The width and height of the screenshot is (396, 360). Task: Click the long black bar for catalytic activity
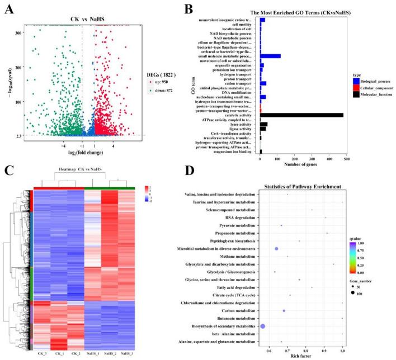pos(301,115)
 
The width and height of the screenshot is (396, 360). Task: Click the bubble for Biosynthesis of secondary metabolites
pos(263,326)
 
